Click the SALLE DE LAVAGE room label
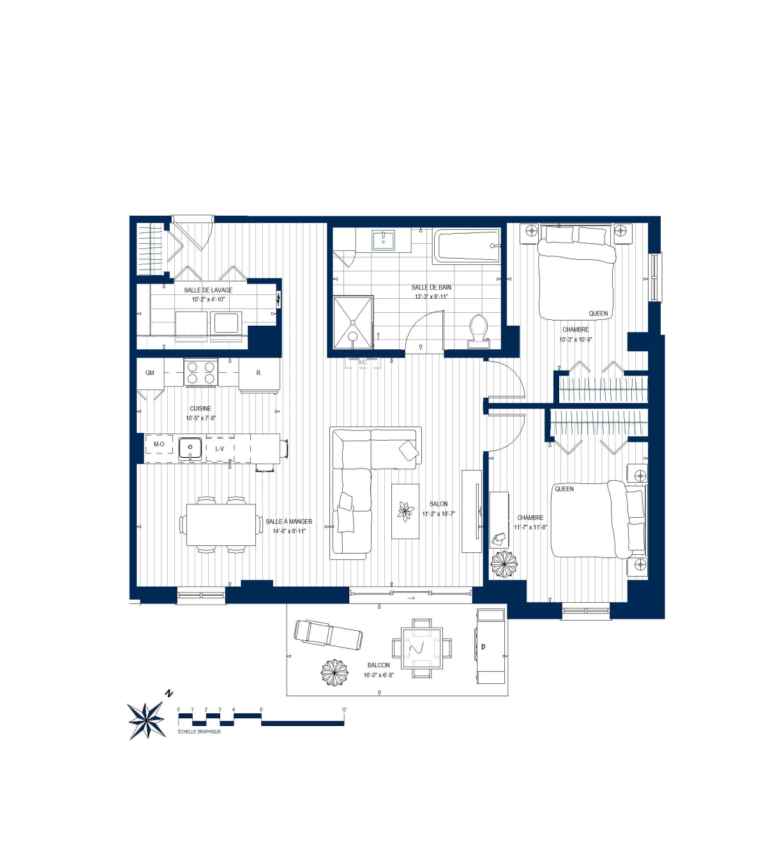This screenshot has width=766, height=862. click(208, 290)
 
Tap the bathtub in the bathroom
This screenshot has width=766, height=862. click(467, 246)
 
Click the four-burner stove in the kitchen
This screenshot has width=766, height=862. click(200, 372)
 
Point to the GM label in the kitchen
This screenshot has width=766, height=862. click(150, 373)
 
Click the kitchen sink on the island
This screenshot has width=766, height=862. click(190, 448)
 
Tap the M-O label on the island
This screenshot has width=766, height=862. click(159, 444)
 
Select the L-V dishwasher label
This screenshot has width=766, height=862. click(220, 448)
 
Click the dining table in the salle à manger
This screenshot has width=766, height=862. click(221, 525)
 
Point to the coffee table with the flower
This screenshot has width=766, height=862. click(405, 511)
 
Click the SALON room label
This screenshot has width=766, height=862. click(439, 504)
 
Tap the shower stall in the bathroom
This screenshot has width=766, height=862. click(353, 322)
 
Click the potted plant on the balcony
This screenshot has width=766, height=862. click(334, 672)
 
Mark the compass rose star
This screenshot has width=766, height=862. click(146, 721)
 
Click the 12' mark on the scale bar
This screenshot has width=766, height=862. click(344, 709)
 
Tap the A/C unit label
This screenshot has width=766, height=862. click(363, 363)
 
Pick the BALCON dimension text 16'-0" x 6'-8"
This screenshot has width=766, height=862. click(379, 675)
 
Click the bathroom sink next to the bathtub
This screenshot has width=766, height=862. click(384, 240)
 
